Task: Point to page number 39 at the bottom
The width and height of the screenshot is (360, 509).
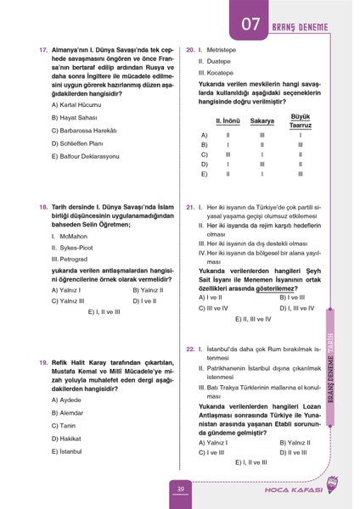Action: click(180, 489)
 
